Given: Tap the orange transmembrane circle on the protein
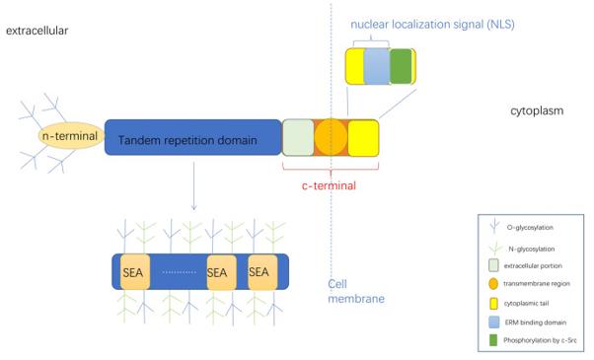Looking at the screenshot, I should pos(331,137).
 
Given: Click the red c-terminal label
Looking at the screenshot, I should pos(329,184).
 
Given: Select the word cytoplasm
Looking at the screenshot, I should pos(537,110).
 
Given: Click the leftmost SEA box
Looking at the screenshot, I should pos(133,271).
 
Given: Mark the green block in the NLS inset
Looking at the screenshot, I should pos(401,66).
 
